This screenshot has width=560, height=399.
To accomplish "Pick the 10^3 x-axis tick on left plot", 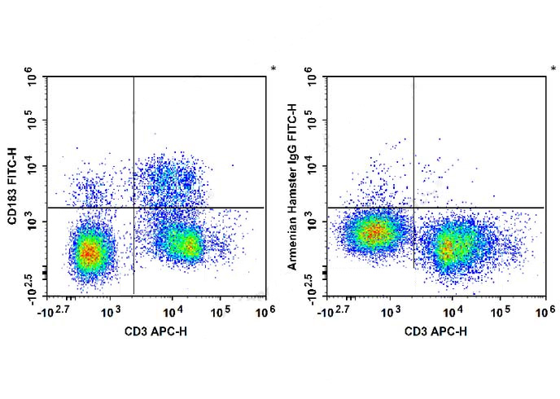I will [112, 312].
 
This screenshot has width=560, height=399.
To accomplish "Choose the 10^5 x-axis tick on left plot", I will [221, 312].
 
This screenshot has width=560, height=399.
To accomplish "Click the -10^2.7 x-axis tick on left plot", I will [55, 312].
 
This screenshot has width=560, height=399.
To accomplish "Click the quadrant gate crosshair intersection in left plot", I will [133, 208].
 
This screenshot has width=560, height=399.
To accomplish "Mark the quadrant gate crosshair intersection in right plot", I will [413, 208].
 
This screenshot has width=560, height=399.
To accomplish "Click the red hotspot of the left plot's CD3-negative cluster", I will [89, 252].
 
